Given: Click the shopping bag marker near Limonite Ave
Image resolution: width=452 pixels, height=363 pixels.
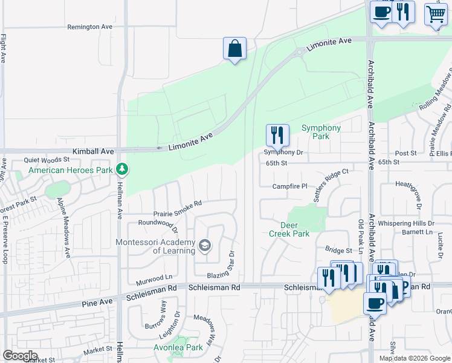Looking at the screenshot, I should point(234,49).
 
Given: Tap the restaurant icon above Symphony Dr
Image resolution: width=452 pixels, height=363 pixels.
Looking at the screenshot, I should point(277,135).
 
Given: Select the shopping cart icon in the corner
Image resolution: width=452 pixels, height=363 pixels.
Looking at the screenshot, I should point(436,14).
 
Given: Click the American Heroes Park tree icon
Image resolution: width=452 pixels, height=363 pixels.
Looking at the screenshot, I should point(121,168).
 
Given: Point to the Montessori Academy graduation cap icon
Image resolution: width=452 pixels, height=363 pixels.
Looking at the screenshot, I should point(205,244).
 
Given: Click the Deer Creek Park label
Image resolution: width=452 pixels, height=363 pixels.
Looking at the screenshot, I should point(289,229).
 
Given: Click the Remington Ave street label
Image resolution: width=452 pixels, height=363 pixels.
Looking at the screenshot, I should point(90,27).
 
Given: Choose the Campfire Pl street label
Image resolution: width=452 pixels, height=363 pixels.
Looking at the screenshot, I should point(290,186).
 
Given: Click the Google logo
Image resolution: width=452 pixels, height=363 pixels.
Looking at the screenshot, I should point(20,356).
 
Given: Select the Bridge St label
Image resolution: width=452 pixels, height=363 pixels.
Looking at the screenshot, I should point(338,250).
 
